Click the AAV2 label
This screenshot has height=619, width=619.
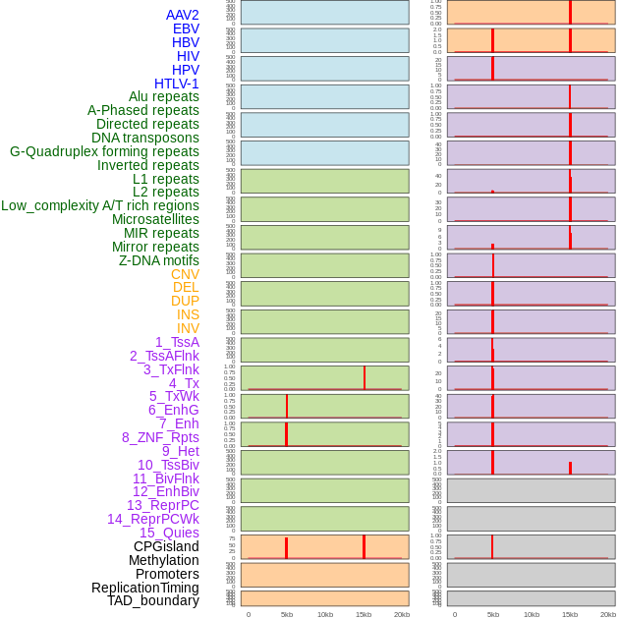(183, 15)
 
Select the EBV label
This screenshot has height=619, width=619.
(186, 28)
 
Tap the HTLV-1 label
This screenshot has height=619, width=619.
(177, 84)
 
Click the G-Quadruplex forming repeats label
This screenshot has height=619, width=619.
(104, 151)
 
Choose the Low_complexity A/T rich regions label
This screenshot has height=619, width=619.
(100, 205)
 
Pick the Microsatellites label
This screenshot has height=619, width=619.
(155, 219)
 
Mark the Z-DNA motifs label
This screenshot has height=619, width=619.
(159, 260)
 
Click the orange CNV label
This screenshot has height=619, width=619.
(185, 274)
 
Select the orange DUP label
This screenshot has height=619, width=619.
(185, 301)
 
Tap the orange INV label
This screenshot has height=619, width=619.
(188, 328)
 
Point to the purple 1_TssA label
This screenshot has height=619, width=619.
(177, 342)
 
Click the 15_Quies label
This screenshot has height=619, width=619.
(169, 533)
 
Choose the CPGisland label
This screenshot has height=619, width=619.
(166, 546)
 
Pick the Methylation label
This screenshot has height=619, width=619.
(164, 560)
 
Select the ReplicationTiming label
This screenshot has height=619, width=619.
(145, 588)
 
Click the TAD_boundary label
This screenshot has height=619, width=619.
(153, 600)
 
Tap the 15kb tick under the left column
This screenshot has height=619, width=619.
(364, 614)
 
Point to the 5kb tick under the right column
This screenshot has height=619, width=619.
(493, 614)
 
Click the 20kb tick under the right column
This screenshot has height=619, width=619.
(608, 614)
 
